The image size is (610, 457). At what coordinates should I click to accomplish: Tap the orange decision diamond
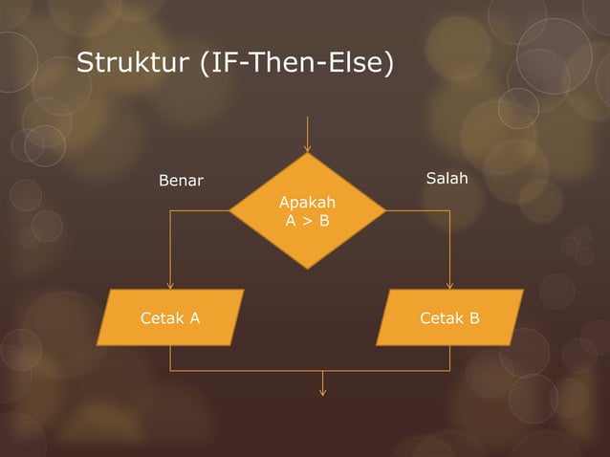click(x=307, y=239)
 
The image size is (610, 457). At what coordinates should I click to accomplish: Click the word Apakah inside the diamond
click(x=307, y=203)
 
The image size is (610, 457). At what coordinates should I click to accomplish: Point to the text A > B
click(x=307, y=221)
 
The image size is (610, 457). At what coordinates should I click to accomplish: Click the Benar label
click(x=181, y=181)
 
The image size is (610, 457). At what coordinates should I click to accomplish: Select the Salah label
click(x=447, y=179)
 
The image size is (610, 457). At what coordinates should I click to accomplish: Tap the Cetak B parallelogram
click(x=449, y=316)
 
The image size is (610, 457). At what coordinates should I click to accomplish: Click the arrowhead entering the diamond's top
click(x=307, y=147)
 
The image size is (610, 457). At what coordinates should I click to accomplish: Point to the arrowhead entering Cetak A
click(x=170, y=284)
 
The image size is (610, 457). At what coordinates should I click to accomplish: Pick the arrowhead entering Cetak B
click(x=449, y=284)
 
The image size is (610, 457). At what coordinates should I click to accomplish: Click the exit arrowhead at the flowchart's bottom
click(x=322, y=390)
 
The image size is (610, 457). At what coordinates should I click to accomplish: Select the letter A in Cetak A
click(x=194, y=317)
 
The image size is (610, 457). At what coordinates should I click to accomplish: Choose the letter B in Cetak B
click(x=474, y=317)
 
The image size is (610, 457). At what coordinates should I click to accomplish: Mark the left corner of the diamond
click(x=232, y=210)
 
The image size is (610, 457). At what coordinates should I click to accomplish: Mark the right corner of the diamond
click(x=383, y=210)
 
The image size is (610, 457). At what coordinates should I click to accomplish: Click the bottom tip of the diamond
click(x=307, y=267)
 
